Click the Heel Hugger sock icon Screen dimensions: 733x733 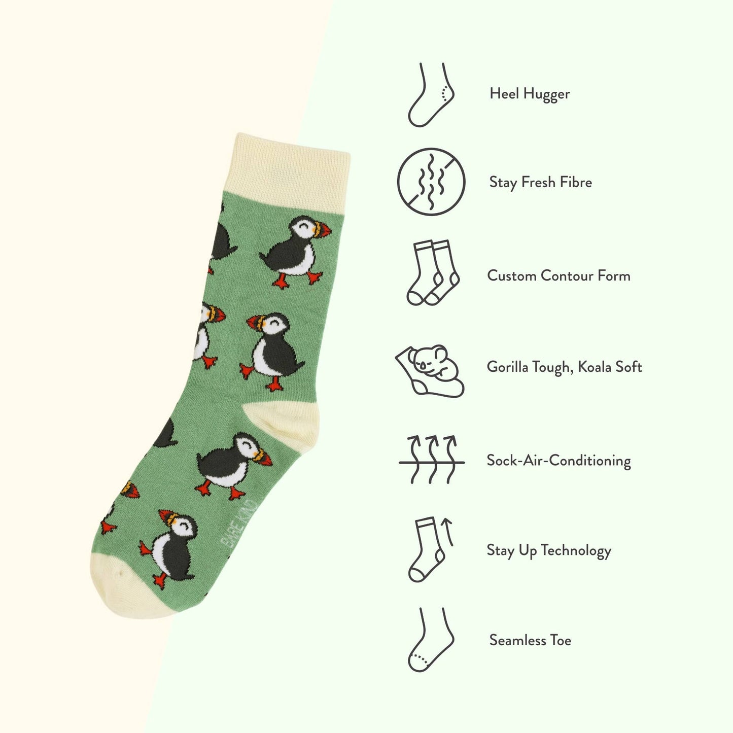pos(431,95)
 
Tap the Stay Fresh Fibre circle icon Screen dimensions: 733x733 pos(431,182)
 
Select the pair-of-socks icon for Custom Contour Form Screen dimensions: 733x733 pos(433,273)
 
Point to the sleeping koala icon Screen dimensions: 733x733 pos(430,370)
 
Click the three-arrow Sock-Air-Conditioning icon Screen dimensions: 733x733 pos(432,460)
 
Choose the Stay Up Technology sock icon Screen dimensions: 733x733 pos(430,549)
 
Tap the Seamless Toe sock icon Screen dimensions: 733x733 pos(430,640)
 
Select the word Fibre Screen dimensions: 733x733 pos(575,182)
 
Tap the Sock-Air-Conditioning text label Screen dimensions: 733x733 pos(559,461)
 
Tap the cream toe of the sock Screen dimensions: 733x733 pos(127,588)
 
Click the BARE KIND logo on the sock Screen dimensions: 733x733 pos(239,525)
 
